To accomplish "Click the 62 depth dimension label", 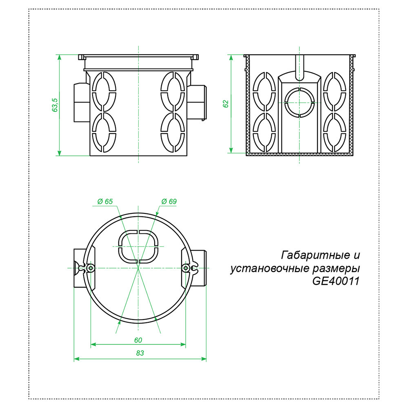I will [226, 104].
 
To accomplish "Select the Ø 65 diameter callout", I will [105, 202].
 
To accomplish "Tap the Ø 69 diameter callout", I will [169, 202].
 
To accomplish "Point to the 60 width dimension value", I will [138, 340].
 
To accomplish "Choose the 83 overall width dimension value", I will [140, 354].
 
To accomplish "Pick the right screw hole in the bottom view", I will [186, 268].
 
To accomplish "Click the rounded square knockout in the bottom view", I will [138, 246].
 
